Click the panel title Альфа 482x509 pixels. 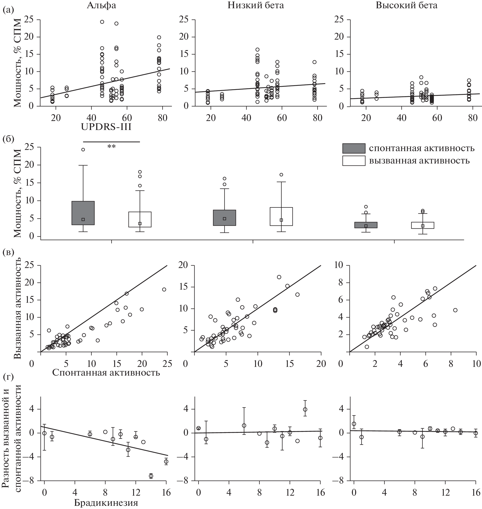101,5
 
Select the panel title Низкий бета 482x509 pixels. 255,5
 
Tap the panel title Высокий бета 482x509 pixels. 406,5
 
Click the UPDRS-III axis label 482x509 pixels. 106,127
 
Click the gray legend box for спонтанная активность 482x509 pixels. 353,148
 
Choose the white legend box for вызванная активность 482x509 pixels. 353,161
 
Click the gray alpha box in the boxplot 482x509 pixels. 83,213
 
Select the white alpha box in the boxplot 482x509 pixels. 140,219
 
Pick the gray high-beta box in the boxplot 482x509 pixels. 366,225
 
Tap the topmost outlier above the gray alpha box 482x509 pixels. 83,149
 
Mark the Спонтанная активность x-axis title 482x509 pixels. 106,372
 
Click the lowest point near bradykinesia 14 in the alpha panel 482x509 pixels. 151,476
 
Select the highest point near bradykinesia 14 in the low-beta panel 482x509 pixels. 305,409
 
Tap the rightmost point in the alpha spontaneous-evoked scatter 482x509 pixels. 164,289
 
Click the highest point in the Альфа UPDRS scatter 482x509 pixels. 102,22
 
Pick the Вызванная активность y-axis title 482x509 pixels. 17,308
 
